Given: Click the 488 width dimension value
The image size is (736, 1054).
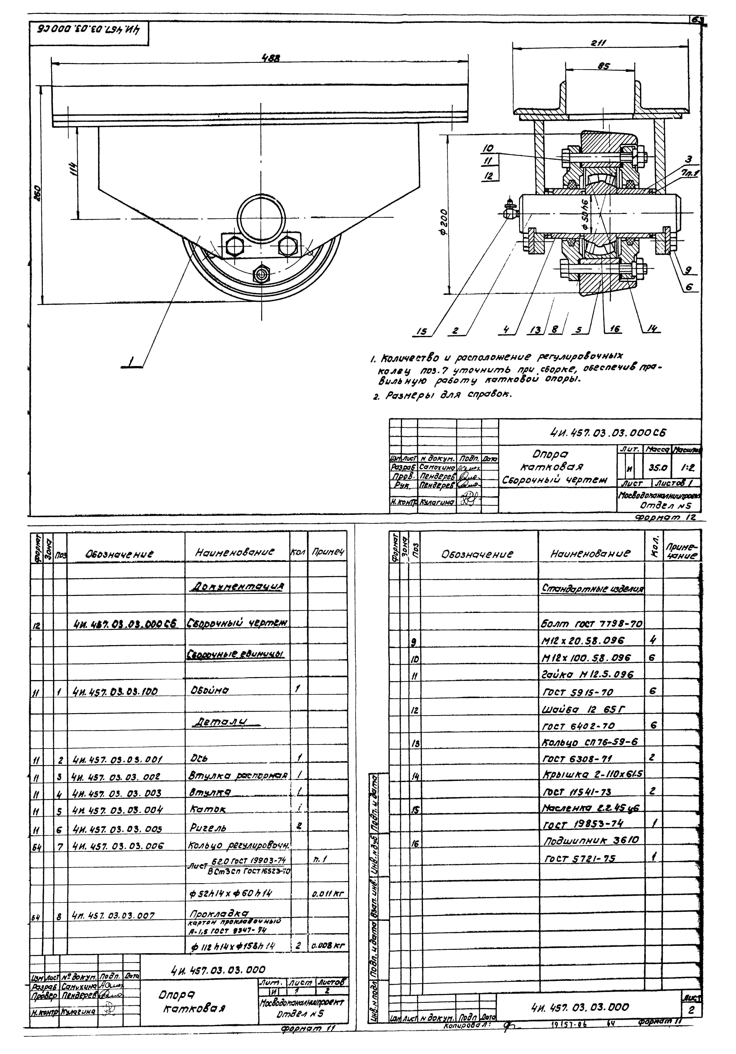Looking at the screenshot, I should click(271, 58).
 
